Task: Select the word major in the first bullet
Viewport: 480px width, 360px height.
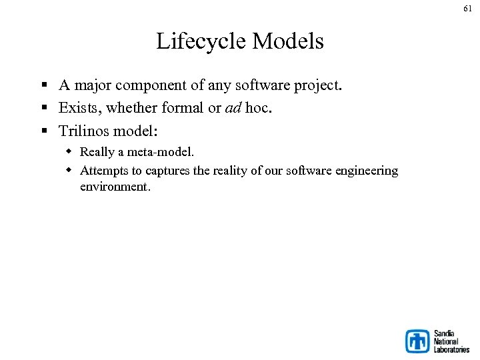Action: tap(93, 85)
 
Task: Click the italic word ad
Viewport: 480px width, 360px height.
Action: tap(233, 108)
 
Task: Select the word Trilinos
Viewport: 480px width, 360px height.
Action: tap(84, 130)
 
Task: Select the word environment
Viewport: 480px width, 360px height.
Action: tap(115, 187)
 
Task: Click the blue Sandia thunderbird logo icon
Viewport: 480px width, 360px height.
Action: tap(419, 341)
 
